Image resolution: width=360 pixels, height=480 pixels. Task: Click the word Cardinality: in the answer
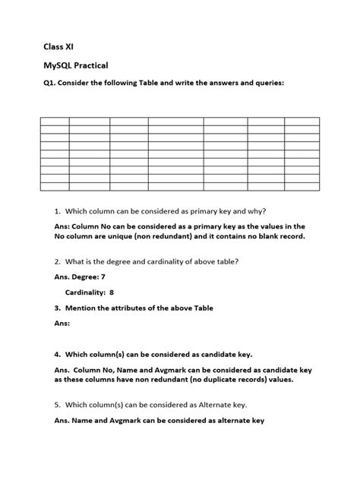pyautogui.click(x=85, y=292)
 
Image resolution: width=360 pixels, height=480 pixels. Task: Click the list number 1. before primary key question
pyautogui.click(x=57, y=210)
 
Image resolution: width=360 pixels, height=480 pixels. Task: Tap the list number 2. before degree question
pyautogui.click(x=57, y=261)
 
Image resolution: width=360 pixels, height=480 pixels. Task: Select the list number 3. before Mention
pyautogui.click(x=57, y=308)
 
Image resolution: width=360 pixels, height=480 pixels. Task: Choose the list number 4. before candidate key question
pyautogui.click(x=57, y=354)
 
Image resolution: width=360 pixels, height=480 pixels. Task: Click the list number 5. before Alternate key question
pyautogui.click(x=57, y=405)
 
